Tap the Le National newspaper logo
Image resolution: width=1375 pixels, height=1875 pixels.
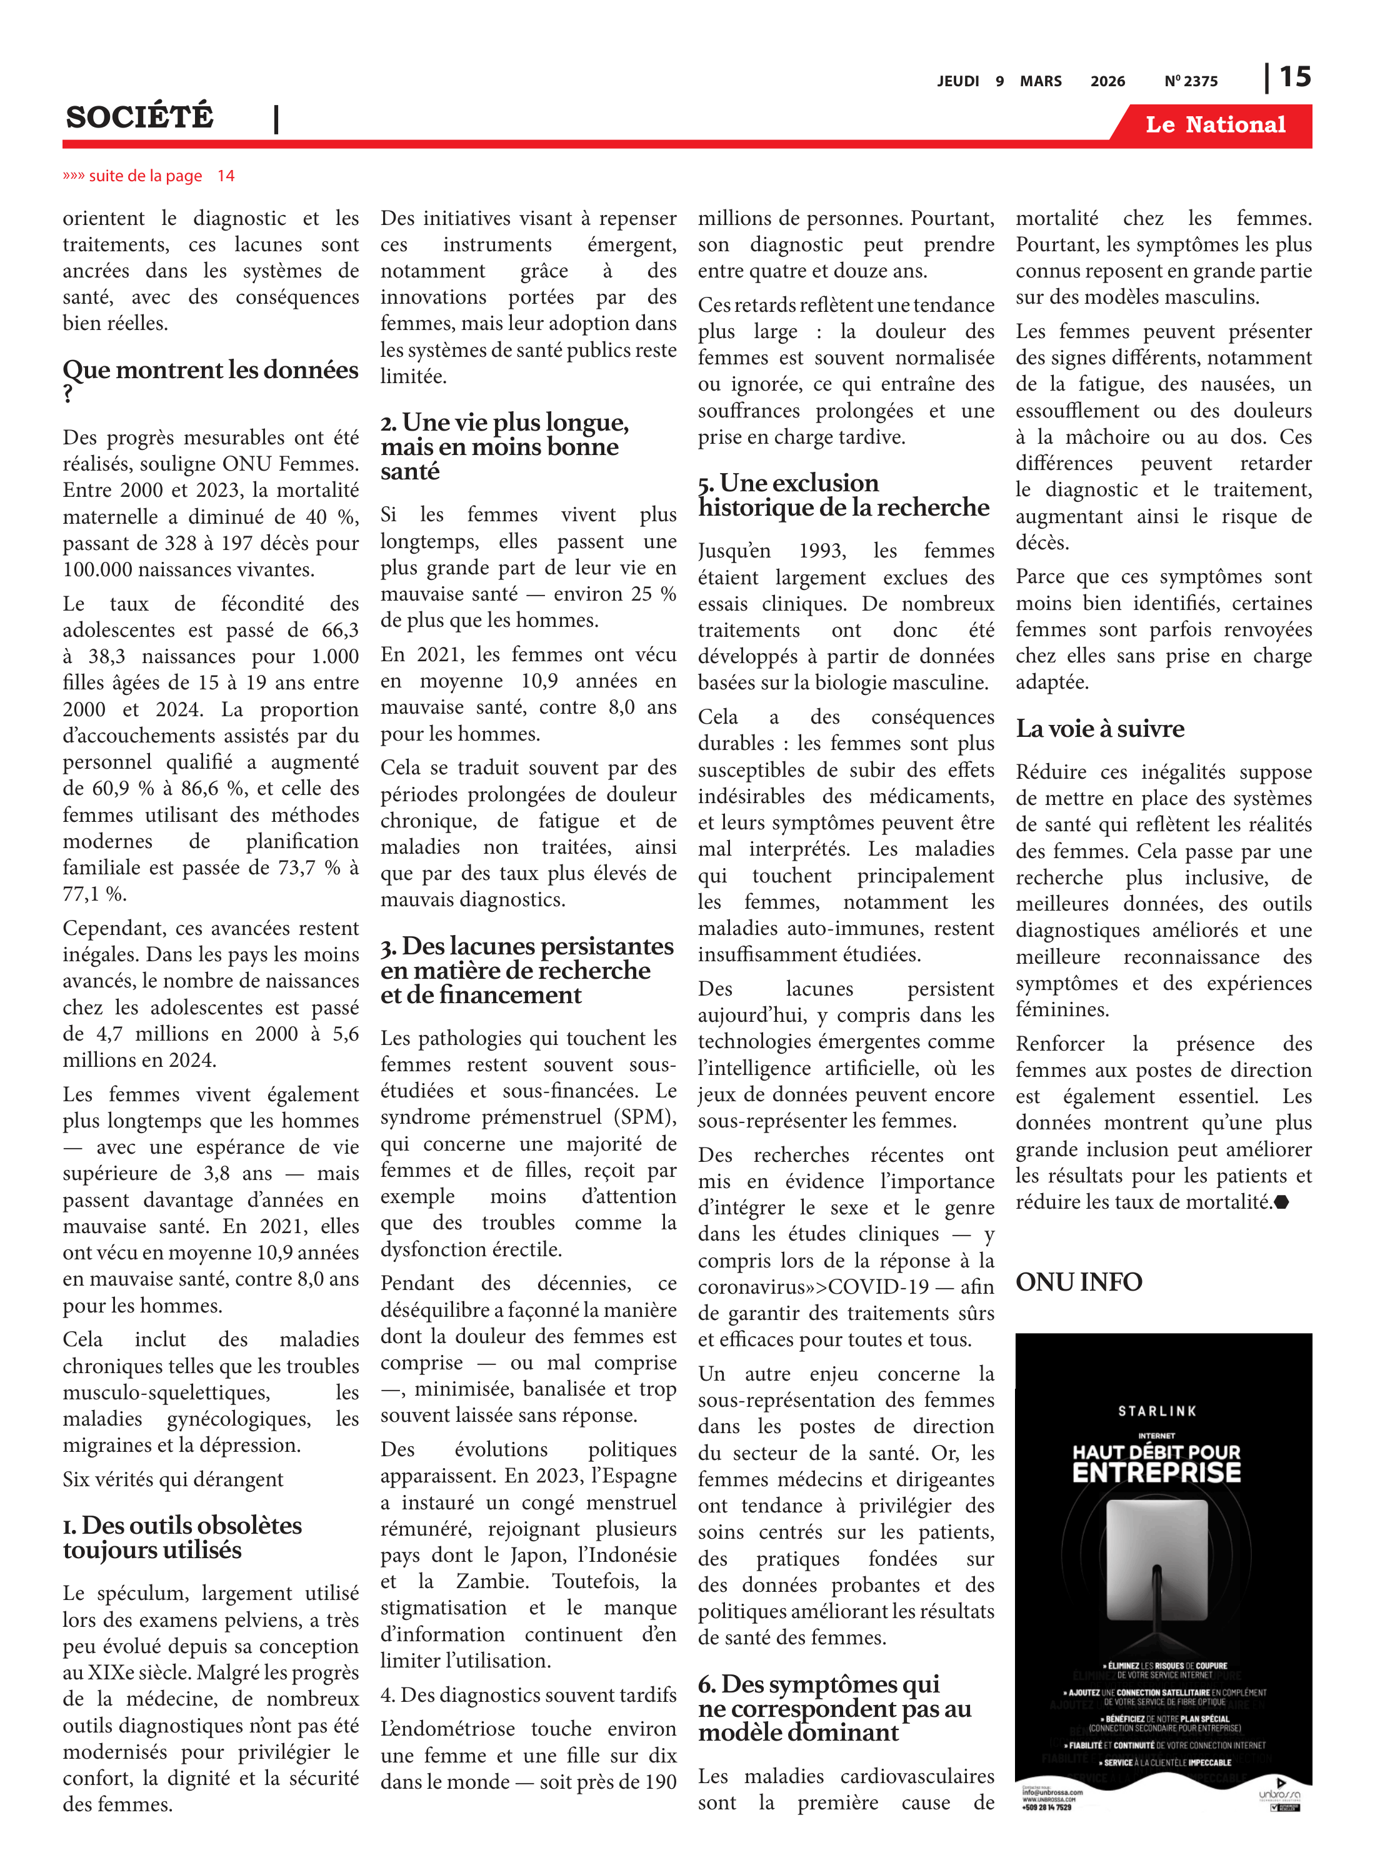click(1214, 125)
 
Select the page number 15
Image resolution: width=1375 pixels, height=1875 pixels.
click(1294, 77)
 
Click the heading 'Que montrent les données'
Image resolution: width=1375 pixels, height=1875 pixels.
click(210, 371)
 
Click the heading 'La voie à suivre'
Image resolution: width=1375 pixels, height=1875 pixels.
click(1099, 729)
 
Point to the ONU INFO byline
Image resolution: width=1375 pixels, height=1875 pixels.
click(1078, 1282)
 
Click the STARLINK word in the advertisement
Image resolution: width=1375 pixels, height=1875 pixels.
click(1157, 1411)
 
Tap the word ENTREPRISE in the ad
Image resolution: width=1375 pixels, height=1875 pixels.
click(1156, 1472)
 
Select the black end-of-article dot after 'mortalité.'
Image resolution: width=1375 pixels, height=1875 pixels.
click(1281, 1202)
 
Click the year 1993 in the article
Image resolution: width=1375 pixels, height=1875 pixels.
click(821, 551)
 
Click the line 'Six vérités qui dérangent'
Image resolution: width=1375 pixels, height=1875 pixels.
click(173, 1479)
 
